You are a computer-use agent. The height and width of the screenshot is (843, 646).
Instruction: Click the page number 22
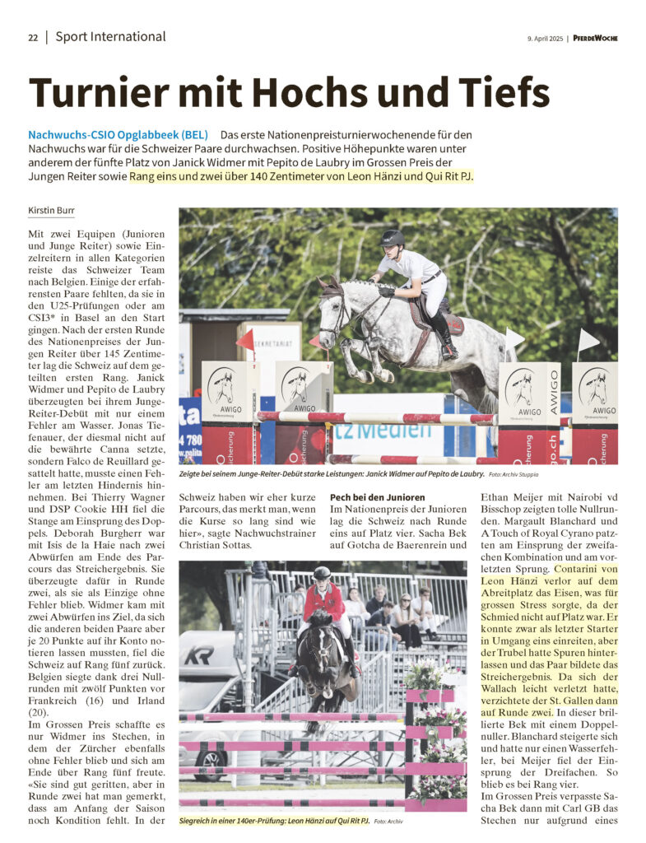[x=33, y=37]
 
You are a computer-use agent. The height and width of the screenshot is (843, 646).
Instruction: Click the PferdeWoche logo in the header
[x=595, y=38]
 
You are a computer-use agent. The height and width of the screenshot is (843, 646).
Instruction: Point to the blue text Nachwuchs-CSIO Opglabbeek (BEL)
[x=119, y=134]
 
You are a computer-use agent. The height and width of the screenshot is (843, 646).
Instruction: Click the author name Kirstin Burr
[x=51, y=211]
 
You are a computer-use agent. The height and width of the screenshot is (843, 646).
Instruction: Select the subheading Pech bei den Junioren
[x=377, y=497]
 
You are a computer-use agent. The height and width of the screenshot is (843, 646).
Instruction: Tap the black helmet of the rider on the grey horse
[x=393, y=238]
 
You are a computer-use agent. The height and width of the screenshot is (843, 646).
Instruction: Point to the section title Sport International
[x=110, y=37]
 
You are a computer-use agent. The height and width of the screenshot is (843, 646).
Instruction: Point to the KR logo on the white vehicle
[x=198, y=654]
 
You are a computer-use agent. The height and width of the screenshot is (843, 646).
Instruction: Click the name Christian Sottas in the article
[x=217, y=545]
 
